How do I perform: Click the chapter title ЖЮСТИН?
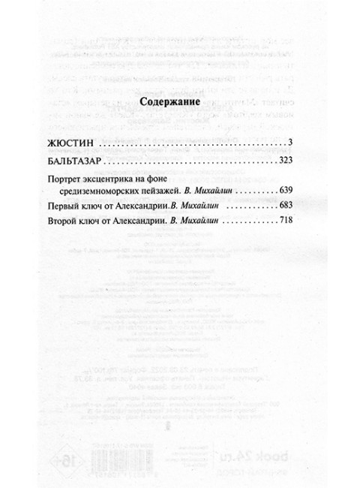click(82, 142)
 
